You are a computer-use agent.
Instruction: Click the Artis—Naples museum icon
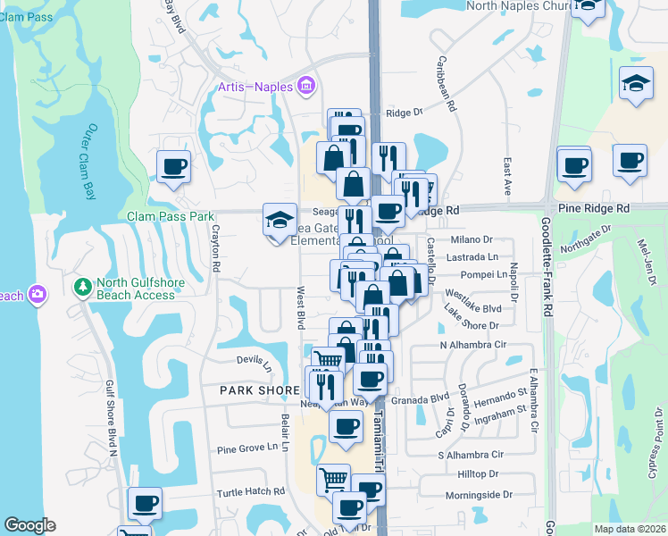point(306,87)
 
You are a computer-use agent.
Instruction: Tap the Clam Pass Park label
point(171,216)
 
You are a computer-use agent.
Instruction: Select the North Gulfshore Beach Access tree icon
point(83,288)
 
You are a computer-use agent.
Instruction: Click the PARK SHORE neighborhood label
point(259,391)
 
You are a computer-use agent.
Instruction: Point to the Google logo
point(29,525)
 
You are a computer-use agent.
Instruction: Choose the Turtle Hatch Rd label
point(251,492)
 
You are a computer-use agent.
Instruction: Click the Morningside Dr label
point(483,495)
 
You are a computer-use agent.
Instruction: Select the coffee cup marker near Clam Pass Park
point(173,166)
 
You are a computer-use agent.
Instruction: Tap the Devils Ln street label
point(254,363)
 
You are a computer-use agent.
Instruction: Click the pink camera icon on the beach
point(38,293)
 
